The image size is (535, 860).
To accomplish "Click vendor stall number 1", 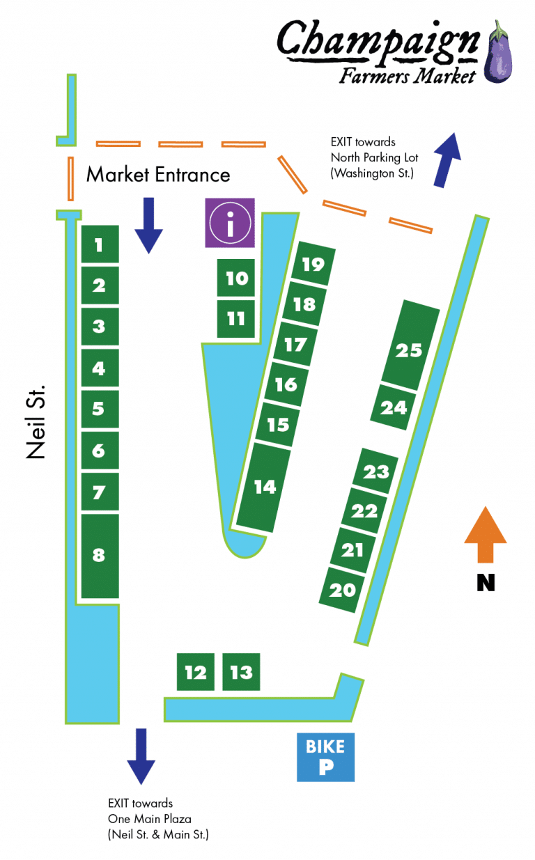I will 100,244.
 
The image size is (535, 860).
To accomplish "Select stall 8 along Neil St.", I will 100,555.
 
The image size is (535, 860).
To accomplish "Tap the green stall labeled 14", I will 264,487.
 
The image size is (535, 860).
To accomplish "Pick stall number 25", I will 410,349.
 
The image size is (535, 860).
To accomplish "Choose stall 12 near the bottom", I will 195,672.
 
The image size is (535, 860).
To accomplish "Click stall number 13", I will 241,672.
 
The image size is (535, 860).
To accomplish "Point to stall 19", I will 313,265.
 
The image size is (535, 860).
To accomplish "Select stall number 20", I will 343,590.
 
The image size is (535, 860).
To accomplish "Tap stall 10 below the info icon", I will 237,279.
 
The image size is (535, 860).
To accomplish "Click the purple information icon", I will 230,223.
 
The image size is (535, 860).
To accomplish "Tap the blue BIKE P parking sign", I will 325,756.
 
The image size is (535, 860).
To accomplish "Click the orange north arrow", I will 485,533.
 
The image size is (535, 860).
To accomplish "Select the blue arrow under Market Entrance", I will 148,225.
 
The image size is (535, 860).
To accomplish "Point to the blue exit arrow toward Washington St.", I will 447,159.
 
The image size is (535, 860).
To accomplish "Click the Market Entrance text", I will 158,174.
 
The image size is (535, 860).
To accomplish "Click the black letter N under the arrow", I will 486,582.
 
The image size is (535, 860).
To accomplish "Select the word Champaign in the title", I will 378,40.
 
